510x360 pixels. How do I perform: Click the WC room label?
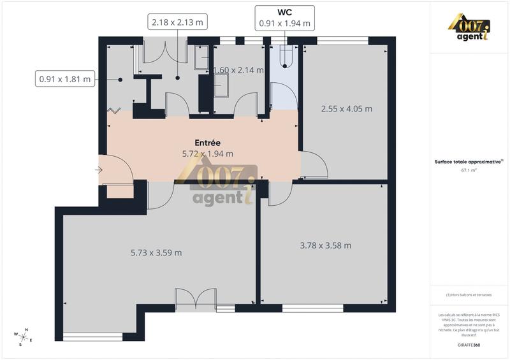pyautogui.click(x=284, y=12)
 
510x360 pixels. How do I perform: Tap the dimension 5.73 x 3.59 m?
pyautogui.click(x=156, y=252)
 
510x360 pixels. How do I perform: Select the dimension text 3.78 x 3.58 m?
pyautogui.click(x=326, y=245)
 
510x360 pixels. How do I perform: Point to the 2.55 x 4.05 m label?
pyautogui.click(x=346, y=108)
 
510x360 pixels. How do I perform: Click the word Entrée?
pyautogui.click(x=207, y=143)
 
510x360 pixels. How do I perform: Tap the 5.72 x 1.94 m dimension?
pyautogui.click(x=207, y=154)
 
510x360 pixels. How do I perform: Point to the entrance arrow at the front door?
pyautogui.click(x=99, y=170)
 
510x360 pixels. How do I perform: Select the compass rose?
pyautogui.click(x=24, y=336)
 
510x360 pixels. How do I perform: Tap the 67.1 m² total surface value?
pyautogui.click(x=470, y=171)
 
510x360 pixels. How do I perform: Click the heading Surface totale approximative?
pyautogui.click(x=470, y=162)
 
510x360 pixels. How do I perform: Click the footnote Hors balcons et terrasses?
pyautogui.click(x=470, y=294)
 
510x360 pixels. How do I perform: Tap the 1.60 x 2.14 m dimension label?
pyautogui.click(x=238, y=71)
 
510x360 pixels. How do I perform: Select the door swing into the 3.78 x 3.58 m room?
pyautogui.click(x=279, y=194)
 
